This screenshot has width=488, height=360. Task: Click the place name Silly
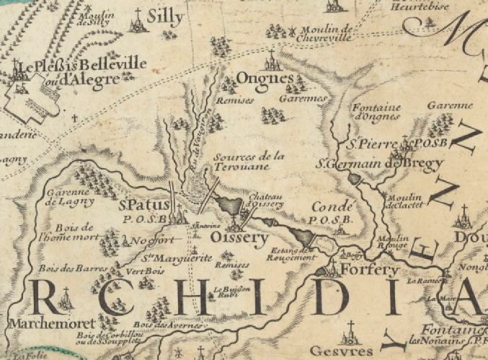click(165, 17)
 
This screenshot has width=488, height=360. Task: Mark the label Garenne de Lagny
click(66, 197)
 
